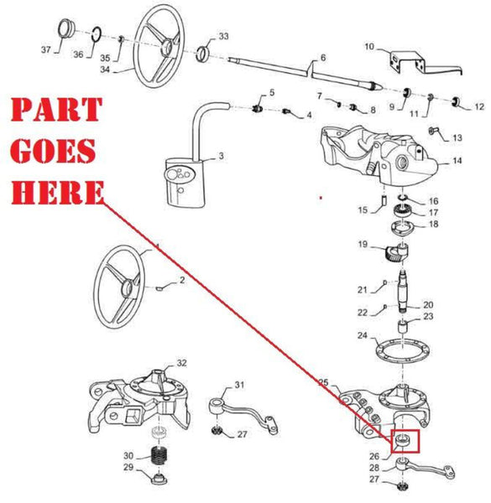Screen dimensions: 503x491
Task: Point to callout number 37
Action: [46, 51]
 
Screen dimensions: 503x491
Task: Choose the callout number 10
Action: [371, 47]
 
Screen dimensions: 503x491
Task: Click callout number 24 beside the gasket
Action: [362, 336]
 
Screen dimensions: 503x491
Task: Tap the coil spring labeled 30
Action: [159, 457]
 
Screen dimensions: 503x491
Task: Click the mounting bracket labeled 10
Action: [410, 63]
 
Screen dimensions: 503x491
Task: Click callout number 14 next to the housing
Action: [457, 160]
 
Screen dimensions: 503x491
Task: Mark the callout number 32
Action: [182, 362]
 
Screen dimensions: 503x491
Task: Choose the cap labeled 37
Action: [65, 35]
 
